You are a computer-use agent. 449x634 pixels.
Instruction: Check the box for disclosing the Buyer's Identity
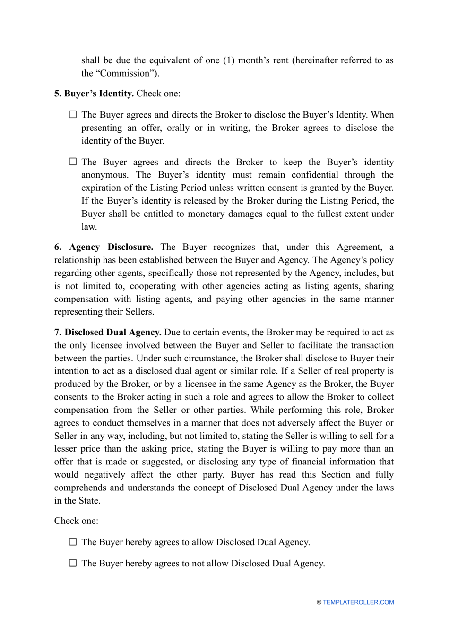click(73, 114)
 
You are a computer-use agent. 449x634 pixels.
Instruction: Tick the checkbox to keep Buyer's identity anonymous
click(73, 162)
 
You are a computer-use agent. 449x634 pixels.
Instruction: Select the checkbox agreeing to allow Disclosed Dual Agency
click(73, 541)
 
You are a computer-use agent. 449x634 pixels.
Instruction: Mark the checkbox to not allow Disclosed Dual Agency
click(73, 563)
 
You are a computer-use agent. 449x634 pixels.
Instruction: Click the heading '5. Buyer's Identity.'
click(94, 94)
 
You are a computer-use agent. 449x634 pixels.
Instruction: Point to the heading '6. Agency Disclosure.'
click(104, 247)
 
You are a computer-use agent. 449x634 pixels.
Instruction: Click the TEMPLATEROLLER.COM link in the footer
click(358, 602)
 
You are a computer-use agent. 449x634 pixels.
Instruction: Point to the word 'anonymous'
click(105, 175)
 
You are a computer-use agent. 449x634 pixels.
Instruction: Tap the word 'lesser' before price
click(67, 449)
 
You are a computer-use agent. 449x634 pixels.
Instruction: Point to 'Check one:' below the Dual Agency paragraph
click(76, 521)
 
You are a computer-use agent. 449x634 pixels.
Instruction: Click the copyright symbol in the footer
click(319, 602)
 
